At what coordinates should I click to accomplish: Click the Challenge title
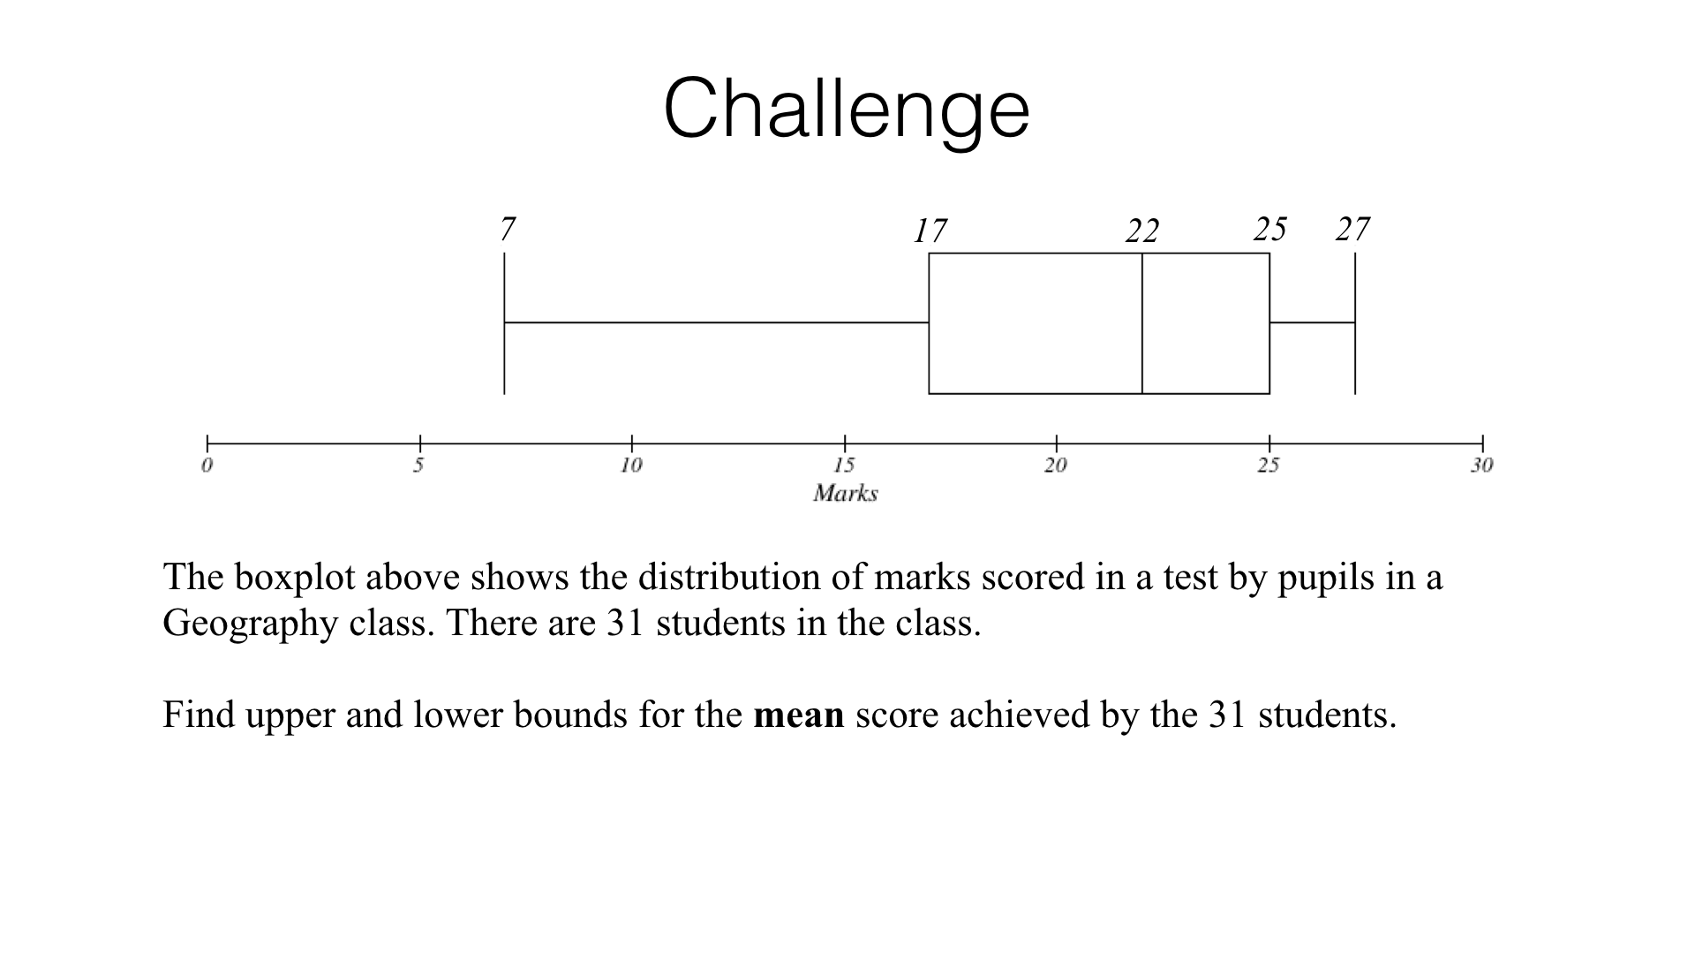[846, 110]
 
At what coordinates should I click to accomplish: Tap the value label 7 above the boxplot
[507, 230]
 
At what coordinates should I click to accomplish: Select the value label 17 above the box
[930, 231]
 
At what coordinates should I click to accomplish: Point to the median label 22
[1141, 231]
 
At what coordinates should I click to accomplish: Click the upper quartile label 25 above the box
[1269, 230]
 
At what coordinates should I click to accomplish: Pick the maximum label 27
[1352, 230]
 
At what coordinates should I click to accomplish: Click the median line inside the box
[1142, 323]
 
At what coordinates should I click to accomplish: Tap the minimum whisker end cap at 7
[504, 323]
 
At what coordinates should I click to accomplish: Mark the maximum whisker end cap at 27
[1355, 323]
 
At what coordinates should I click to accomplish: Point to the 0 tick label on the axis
[207, 466]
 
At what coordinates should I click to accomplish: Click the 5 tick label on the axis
[418, 466]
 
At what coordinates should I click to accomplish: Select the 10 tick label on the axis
[630, 466]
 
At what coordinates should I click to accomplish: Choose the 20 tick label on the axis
[1056, 466]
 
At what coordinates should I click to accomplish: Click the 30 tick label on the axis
[1481, 466]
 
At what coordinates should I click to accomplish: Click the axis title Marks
[845, 493]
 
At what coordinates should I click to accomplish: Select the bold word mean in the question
[798, 715]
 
